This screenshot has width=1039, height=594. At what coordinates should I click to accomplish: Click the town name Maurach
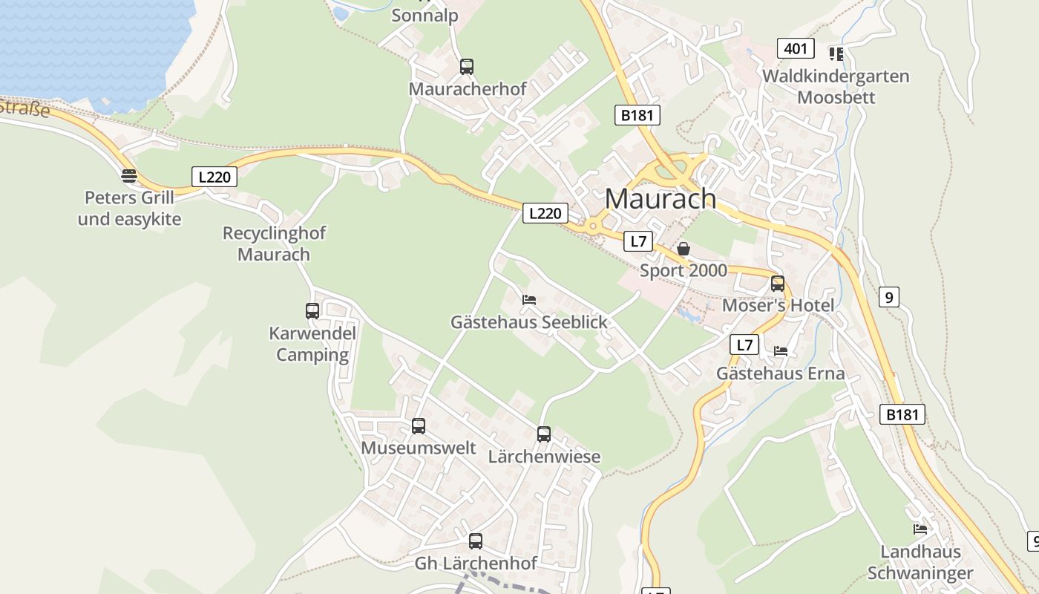(660, 199)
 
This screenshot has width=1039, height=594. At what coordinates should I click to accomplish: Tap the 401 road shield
(795, 49)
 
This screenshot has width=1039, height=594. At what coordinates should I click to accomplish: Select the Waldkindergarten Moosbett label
(836, 87)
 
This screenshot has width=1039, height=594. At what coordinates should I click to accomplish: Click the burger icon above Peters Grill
(129, 176)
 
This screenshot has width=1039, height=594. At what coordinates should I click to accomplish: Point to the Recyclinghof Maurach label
(274, 244)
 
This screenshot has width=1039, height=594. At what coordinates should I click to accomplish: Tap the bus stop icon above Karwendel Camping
(312, 311)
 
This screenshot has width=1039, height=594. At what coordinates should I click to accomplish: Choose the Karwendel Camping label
(312, 344)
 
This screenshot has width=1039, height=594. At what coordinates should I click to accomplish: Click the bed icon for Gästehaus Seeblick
(529, 300)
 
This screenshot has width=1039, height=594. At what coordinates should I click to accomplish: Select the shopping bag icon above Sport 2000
(684, 249)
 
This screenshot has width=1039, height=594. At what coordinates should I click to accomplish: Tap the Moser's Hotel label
(778, 305)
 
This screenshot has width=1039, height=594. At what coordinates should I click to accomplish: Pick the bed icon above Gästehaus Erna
(781, 351)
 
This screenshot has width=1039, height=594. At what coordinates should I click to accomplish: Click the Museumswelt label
(418, 448)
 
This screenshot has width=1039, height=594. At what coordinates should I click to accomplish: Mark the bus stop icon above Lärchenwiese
(544, 434)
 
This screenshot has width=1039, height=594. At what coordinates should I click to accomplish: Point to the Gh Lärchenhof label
(475, 564)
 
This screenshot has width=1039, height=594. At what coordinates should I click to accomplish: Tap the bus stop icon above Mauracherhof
(467, 67)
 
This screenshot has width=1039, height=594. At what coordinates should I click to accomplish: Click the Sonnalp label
(425, 16)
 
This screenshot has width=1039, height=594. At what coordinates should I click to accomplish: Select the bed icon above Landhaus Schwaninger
(920, 529)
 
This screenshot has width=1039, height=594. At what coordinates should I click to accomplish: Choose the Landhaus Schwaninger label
(920, 562)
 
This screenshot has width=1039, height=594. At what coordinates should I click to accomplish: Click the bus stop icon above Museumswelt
(419, 426)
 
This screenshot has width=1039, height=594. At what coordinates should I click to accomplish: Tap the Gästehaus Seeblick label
(528, 322)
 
